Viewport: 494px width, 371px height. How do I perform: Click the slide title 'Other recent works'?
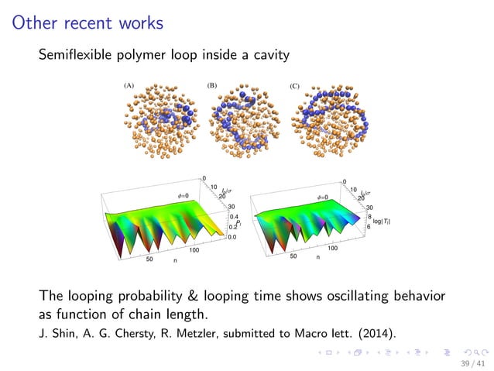tap(87, 22)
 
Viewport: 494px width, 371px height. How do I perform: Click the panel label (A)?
tap(129, 85)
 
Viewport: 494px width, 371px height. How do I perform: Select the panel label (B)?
tap(211, 85)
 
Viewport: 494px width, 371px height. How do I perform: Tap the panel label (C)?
tap(294, 85)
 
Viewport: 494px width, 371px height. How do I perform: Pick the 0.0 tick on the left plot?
tap(232, 237)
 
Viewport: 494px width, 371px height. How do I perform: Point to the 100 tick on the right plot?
tap(332, 249)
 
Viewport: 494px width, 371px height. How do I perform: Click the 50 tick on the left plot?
tap(149, 260)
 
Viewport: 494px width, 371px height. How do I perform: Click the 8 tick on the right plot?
tap(370, 218)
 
